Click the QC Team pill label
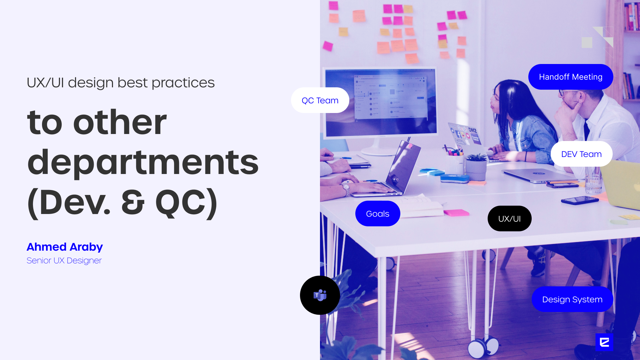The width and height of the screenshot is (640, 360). (320, 100)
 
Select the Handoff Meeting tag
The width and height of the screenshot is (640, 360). (571, 77)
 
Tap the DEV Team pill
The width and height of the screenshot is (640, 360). (581, 154)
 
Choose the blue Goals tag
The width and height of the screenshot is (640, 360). (378, 214)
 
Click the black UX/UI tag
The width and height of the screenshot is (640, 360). (509, 219)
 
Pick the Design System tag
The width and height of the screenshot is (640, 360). (572, 299)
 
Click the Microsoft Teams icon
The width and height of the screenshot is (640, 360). (320, 295)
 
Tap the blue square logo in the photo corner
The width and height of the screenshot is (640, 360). (604, 342)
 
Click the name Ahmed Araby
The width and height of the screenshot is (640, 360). (65, 247)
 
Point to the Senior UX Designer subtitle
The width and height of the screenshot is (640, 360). (64, 260)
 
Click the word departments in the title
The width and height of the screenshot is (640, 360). (143, 163)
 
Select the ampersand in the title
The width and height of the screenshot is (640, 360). (133, 202)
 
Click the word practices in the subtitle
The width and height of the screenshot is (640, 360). (183, 83)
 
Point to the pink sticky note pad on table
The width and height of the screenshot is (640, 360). (456, 212)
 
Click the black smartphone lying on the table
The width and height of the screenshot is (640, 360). (580, 200)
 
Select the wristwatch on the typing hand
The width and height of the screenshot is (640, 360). (346, 189)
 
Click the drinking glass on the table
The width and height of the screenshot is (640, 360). (593, 180)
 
